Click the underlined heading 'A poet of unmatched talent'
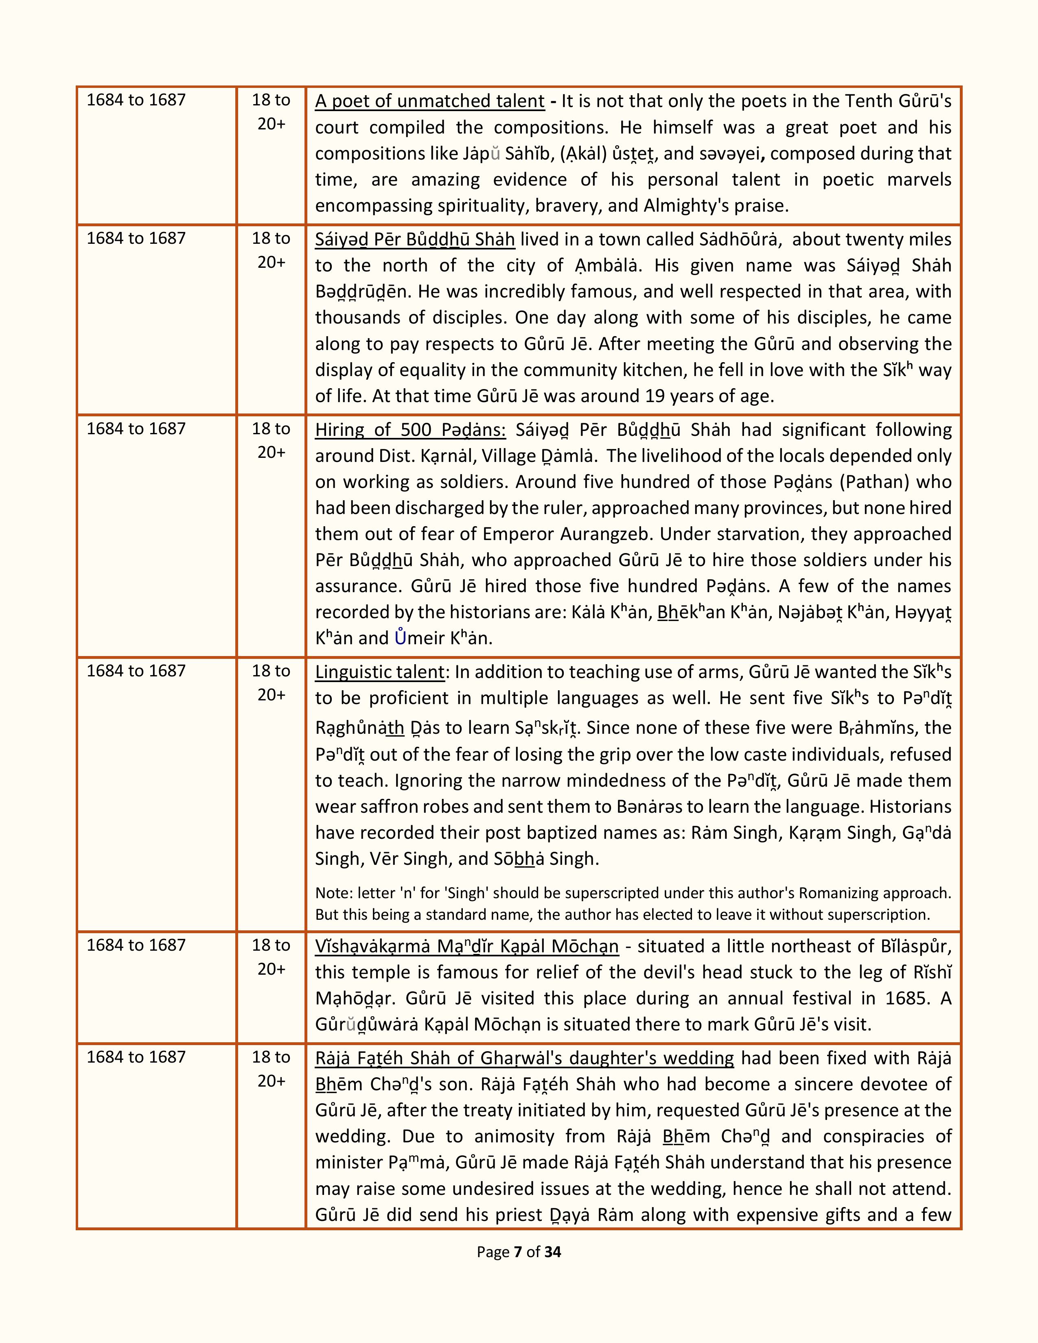click(429, 101)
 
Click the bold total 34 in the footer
click(553, 1252)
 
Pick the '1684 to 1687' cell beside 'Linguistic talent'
click(136, 670)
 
